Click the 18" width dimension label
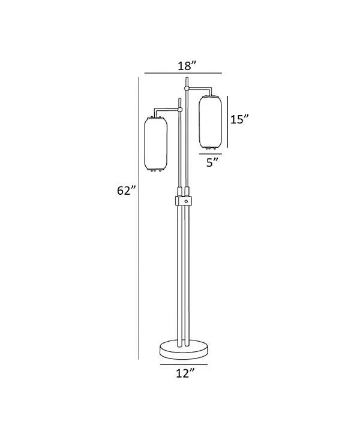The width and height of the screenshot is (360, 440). [x=187, y=66]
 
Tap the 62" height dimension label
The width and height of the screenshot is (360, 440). [x=127, y=191]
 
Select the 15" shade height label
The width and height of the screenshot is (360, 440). [x=239, y=119]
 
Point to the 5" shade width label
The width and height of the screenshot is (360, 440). [x=212, y=162]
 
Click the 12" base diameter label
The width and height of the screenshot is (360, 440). [x=185, y=373]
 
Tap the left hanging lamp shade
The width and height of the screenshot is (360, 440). [x=156, y=144]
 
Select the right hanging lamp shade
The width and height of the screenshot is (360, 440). [x=210, y=122]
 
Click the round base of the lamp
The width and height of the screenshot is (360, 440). [x=184, y=349]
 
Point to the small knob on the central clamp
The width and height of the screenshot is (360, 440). [x=185, y=201]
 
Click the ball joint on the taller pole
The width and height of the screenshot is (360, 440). [x=187, y=89]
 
